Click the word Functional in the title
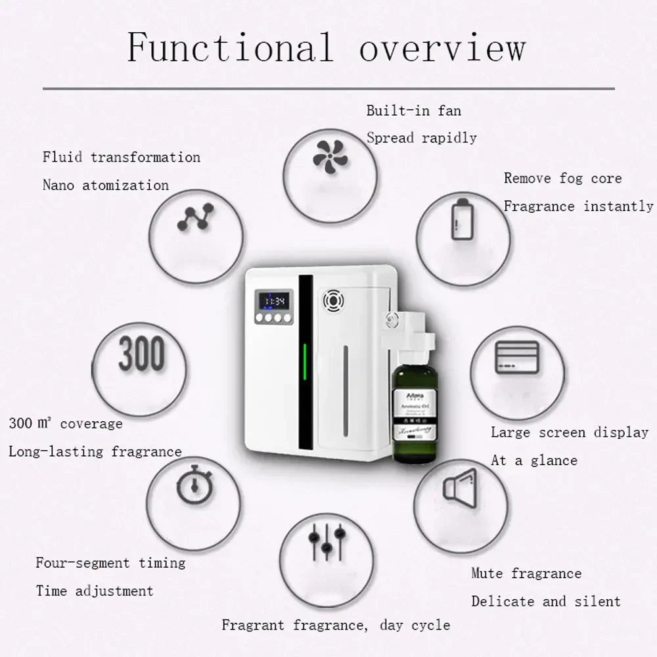pyautogui.click(x=231, y=47)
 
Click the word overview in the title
pyautogui.click(x=442, y=47)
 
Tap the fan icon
pyautogui.click(x=330, y=156)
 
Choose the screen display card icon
pyautogui.click(x=516, y=358)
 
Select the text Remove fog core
pyautogui.click(x=562, y=178)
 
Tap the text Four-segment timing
pyautogui.click(x=110, y=563)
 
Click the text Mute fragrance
pyautogui.click(x=526, y=574)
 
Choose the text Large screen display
pyautogui.click(x=570, y=432)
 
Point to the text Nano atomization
pyautogui.click(x=106, y=185)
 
